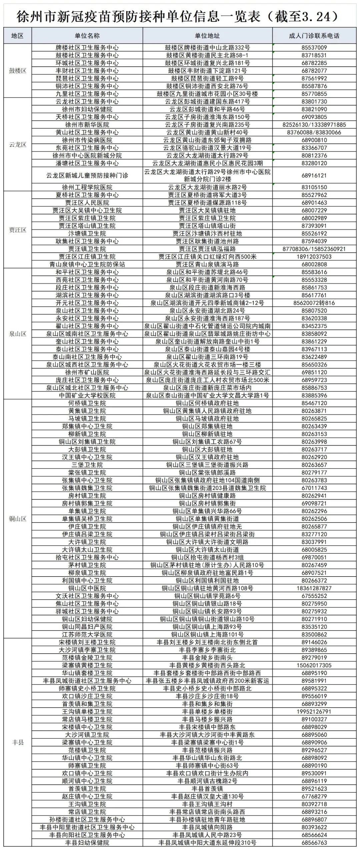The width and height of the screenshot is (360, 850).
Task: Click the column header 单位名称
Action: (87, 36)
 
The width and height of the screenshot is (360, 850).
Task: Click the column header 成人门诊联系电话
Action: (314, 36)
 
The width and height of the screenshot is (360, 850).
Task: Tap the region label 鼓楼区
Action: (18, 70)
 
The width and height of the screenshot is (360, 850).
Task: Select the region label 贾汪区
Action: (18, 230)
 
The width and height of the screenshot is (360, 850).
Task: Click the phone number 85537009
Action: (314, 48)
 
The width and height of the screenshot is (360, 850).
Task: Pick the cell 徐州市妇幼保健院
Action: (87, 109)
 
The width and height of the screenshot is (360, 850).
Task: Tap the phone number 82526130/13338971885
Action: (314, 125)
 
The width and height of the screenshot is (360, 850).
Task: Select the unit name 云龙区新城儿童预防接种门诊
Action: (87, 175)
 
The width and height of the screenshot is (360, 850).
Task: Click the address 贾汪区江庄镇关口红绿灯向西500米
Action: (207, 256)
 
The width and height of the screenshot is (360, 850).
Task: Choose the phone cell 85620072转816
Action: (314, 303)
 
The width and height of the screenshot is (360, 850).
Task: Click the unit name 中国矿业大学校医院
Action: (87, 395)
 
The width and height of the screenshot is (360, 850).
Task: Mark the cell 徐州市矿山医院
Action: (87, 372)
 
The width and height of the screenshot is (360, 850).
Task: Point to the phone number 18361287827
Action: (314, 588)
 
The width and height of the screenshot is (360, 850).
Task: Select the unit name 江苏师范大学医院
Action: (87, 635)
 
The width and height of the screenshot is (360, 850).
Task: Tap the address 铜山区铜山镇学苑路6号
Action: (207, 596)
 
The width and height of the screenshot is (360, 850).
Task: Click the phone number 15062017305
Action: (314, 665)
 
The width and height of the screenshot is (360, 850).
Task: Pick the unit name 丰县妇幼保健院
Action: (87, 843)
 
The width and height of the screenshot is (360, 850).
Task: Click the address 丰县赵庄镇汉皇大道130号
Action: (207, 796)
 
